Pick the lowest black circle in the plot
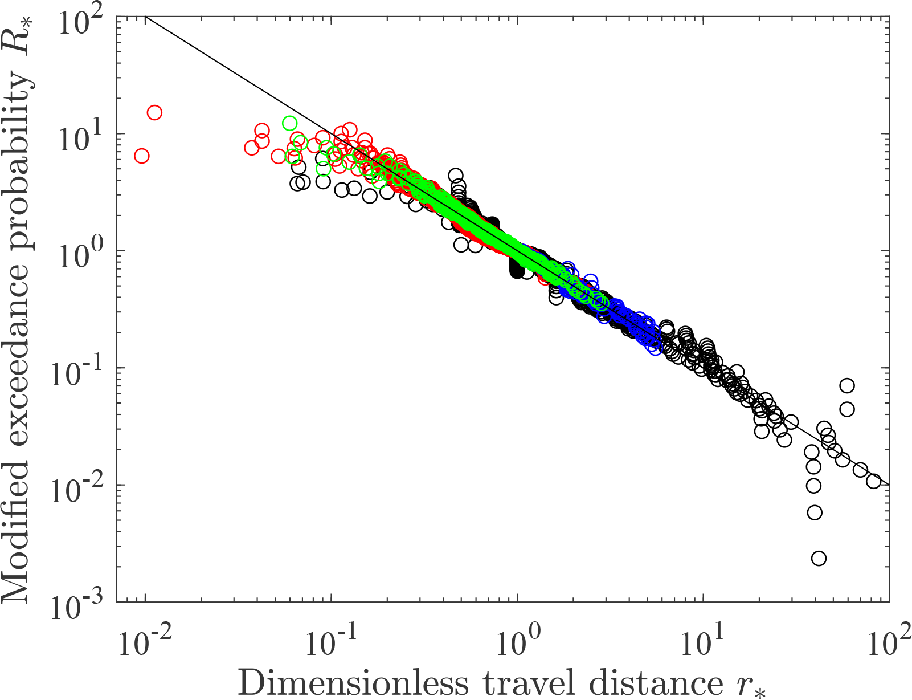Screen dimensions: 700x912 pyautogui.click(x=819, y=558)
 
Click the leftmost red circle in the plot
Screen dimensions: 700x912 pyautogui.click(x=142, y=156)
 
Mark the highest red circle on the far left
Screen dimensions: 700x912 pyautogui.click(x=154, y=112)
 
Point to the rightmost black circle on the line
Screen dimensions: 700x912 pyautogui.click(x=874, y=481)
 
